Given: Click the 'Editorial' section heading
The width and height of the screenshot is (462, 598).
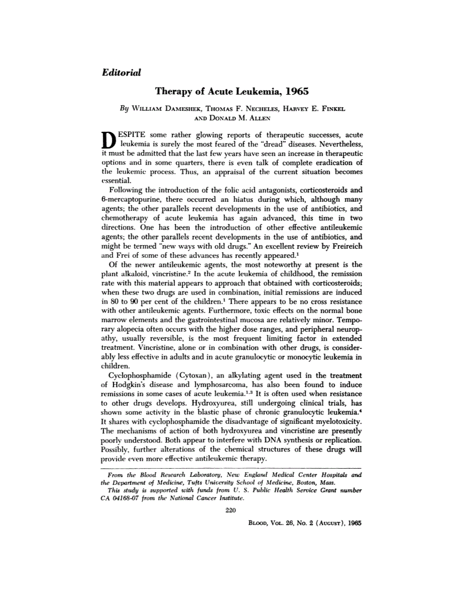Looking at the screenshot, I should coord(121,72).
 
